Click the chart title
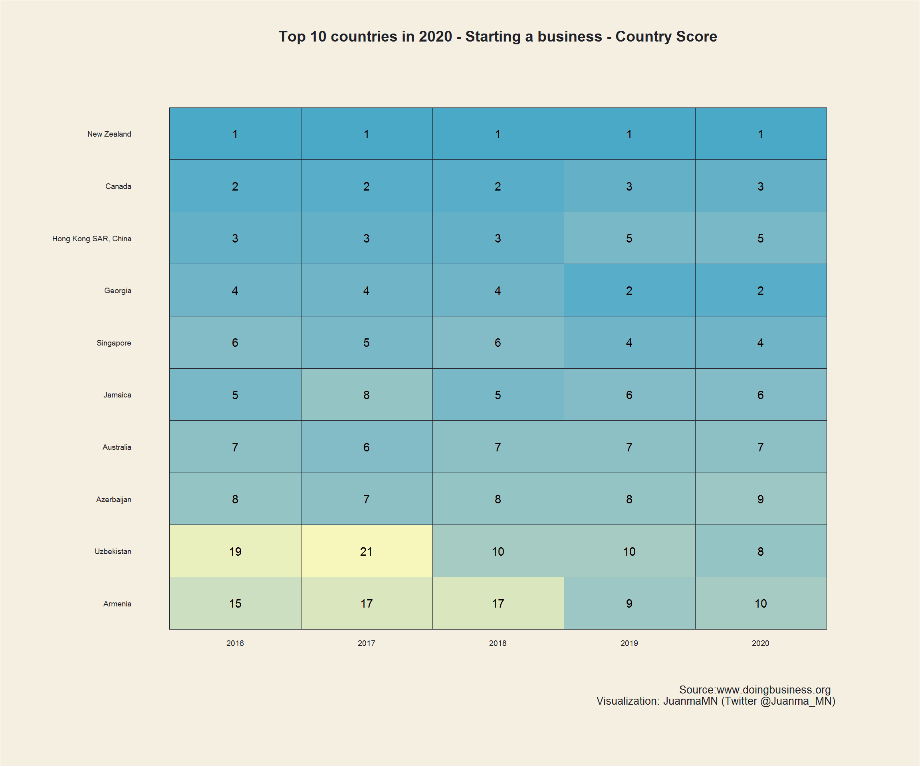click(498, 36)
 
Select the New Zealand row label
click(109, 134)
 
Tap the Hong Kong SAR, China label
click(91, 238)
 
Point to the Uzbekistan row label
click(113, 551)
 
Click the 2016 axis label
click(235, 643)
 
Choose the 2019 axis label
click(629, 643)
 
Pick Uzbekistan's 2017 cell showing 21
click(366, 551)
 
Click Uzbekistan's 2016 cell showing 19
click(235, 551)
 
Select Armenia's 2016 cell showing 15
click(235, 603)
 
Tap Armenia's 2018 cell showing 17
click(498, 603)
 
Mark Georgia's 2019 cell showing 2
click(629, 290)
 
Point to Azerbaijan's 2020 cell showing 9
click(761, 499)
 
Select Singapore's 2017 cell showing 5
click(366, 342)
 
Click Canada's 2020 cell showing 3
click(761, 186)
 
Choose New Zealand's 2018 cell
click(498, 134)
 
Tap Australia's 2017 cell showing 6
click(366, 447)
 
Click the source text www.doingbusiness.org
click(773, 690)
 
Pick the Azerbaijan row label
click(113, 499)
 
